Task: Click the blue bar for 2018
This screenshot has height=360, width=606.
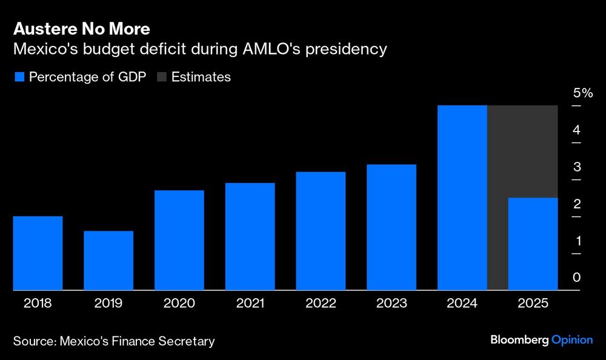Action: (x=38, y=253)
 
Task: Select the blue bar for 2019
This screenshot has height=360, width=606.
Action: (x=108, y=261)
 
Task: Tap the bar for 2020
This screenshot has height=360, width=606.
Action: (x=179, y=240)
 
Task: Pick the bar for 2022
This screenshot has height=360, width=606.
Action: (x=321, y=231)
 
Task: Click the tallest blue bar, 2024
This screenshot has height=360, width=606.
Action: (x=462, y=198)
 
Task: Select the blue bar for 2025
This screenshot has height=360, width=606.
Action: (x=533, y=244)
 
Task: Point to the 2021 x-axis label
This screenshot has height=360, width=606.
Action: (x=250, y=304)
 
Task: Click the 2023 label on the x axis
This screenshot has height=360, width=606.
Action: (x=391, y=304)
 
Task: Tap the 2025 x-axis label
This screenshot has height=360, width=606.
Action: (x=533, y=304)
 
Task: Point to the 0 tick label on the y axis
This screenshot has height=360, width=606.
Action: (x=576, y=278)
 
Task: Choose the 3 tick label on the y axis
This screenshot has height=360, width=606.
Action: (x=576, y=167)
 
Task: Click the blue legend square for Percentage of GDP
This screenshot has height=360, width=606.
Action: (x=18, y=77)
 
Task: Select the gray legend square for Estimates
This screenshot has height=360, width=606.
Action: (x=161, y=77)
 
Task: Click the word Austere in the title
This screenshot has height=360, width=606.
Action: (x=41, y=29)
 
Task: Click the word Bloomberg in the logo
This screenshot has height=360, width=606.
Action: (x=519, y=340)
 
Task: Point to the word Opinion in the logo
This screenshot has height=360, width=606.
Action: (x=572, y=340)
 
